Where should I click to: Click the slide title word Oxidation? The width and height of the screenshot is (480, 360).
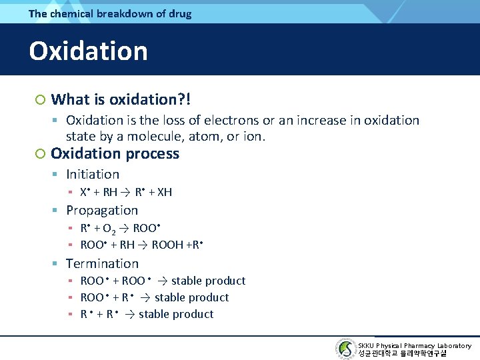(88, 51)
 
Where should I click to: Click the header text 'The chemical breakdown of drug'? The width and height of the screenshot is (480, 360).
(110, 13)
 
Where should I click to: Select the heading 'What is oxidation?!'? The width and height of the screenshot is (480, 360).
(121, 100)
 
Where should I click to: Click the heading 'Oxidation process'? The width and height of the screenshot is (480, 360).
(115, 153)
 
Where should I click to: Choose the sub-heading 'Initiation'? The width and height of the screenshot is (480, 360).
(93, 174)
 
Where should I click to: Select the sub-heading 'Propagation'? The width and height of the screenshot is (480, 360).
(102, 210)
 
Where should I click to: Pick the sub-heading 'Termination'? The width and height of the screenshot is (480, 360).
(102, 263)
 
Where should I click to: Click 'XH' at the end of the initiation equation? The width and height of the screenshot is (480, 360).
(164, 192)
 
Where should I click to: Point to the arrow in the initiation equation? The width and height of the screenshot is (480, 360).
(126, 192)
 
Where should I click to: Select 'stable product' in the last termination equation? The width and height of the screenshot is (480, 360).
(176, 314)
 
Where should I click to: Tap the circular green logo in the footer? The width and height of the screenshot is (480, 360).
(345, 349)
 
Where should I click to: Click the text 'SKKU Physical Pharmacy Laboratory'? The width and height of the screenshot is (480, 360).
(414, 345)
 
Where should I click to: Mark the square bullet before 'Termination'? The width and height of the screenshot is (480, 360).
(56, 264)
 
